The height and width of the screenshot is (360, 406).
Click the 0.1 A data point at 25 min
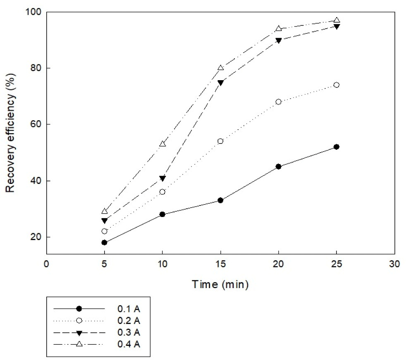tap(337, 147)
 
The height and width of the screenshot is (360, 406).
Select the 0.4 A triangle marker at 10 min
tap(162, 144)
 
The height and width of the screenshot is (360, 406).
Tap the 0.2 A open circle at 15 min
tap(220, 141)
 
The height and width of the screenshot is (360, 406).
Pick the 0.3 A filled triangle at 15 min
tap(220, 83)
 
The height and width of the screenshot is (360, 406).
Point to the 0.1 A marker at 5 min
tap(104, 243)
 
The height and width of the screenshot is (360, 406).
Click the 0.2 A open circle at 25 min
tap(337, 85)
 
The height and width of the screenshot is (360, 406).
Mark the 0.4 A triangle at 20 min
tap(279, 29)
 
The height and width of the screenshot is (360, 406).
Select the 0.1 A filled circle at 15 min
tap(220, 200)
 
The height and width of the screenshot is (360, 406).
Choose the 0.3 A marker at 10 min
tap(162, 178)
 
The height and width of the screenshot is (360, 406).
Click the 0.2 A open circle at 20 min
tap(279, 102)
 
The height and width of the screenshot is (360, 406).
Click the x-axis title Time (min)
tap(220, 284)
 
